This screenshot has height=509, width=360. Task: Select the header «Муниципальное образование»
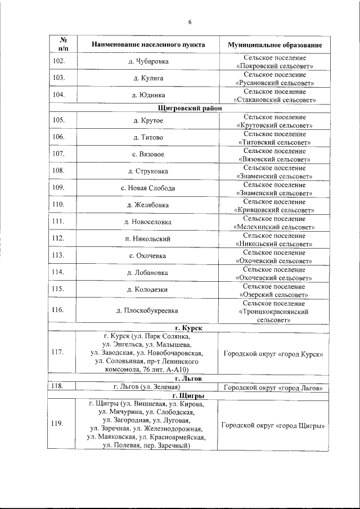coord(274,44)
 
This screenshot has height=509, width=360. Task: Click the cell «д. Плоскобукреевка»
coord(147,310)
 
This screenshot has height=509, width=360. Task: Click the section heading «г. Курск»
coord(188,327)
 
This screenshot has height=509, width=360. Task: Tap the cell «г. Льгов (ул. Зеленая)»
coord(146,388)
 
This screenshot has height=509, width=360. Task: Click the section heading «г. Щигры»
coord(188,396)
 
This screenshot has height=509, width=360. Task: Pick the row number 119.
coord(57,424)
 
